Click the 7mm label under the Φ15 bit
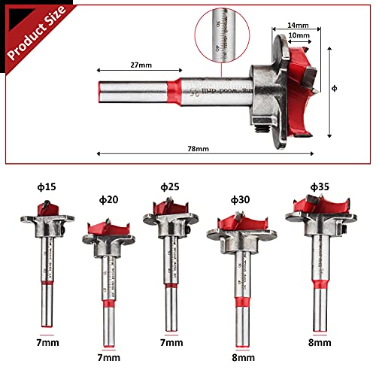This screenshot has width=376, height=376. coord(48,341)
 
